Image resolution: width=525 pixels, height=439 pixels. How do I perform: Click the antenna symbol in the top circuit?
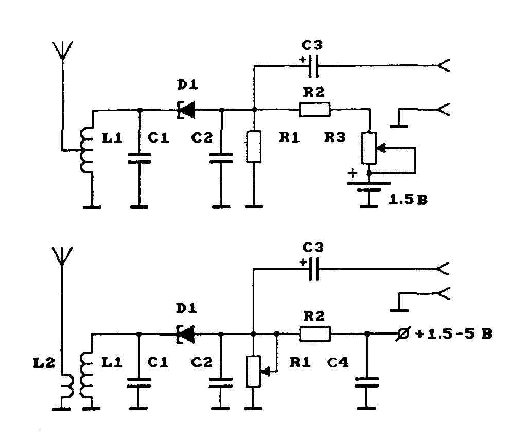tap(63, 50)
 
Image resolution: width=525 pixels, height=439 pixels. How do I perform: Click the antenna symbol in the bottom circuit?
tap(62, 256)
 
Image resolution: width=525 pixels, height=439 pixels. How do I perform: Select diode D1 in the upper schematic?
tap(186, 110)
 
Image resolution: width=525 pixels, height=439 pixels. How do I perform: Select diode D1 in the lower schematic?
tap(185, 334)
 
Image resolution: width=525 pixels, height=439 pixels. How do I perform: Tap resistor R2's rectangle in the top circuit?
tap(314, 110)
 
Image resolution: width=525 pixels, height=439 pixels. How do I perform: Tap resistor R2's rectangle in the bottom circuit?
tap(314, 334)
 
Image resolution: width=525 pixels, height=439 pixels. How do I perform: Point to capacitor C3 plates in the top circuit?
tap(313, 66)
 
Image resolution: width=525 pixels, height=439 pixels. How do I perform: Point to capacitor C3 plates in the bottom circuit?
tap(313, 269)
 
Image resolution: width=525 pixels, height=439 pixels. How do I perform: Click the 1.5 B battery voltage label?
tap(408, 200)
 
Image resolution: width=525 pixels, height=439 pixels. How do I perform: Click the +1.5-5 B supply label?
tap(453, 334)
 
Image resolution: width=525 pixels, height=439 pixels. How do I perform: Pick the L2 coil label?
tap(44, 363)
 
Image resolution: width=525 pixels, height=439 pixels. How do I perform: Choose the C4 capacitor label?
tap(338, 362)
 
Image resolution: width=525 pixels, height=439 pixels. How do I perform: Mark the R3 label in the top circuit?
tap(335, 137)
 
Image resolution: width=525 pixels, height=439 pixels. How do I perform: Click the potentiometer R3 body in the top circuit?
tap(369, 148)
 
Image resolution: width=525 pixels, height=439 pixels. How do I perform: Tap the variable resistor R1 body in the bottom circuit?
tap(253, 372)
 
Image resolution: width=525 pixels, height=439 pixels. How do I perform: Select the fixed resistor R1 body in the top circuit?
tap(254, 147)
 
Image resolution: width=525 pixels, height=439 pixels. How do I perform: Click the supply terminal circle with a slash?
tap(404, 334)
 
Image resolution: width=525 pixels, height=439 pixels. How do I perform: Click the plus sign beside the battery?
tap(352, 173)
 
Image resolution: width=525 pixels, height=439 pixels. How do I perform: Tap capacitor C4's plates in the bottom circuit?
tap(366, 382)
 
